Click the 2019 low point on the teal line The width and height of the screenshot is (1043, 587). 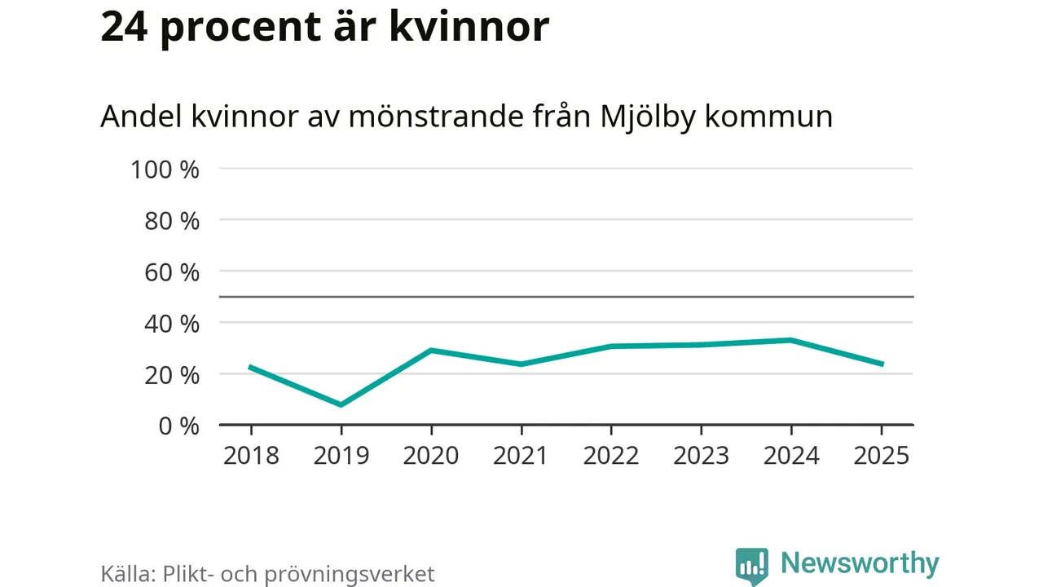click(341, 404)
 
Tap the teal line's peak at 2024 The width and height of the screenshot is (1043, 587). click(790, 340)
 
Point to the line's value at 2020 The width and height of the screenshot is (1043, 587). click(431, 350)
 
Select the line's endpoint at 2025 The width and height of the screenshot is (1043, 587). click(881, 364)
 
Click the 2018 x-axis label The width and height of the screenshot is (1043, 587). click(251, 455)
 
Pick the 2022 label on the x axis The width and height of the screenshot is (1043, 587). click(611, 455)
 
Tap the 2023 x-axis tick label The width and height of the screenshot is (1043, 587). click(701, 455)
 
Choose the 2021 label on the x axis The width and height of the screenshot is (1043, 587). click(521, 455)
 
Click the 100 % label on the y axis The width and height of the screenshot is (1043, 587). click(165, 170)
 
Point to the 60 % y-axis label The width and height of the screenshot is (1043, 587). click(172, 272)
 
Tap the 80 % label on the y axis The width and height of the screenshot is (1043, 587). click(172, 221)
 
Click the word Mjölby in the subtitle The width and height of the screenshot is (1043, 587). click(648, 117)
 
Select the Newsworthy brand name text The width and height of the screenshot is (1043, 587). click(860, 563)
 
